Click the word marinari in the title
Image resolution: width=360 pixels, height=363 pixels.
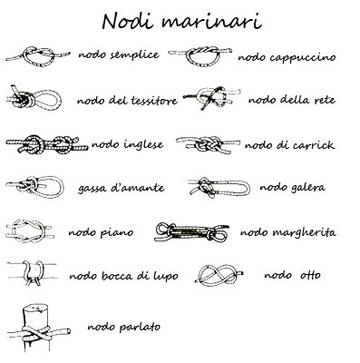click(x=210, y=21)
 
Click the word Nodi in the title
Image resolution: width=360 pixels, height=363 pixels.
click(x=128, y=21)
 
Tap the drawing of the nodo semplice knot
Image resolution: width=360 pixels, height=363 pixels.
click(x=38, y=56)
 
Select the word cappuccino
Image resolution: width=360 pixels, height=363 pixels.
click(x=303, y=58)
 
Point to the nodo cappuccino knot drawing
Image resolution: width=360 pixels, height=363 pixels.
click(x=200, y=56)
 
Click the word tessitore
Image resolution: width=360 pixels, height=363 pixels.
click(x=154, y=101)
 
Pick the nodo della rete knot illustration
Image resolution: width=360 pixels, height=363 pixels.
click(x=211, y=97)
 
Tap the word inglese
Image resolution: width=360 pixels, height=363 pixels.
click(x=144, y=145)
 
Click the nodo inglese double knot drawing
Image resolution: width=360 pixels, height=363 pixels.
click(x=47, y=143)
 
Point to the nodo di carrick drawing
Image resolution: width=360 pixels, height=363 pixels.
click(x=208, y=144)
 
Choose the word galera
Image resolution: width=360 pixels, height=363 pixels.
click(x=308, y=188)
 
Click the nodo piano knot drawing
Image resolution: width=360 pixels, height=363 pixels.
click(x=30, y=231)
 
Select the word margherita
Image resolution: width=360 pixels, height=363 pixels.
click(x=305, y=233)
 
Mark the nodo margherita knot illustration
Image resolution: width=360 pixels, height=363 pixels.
click(x=191, y=232)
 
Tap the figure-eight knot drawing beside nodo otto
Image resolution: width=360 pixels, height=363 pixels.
click(x=220, y=274)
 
